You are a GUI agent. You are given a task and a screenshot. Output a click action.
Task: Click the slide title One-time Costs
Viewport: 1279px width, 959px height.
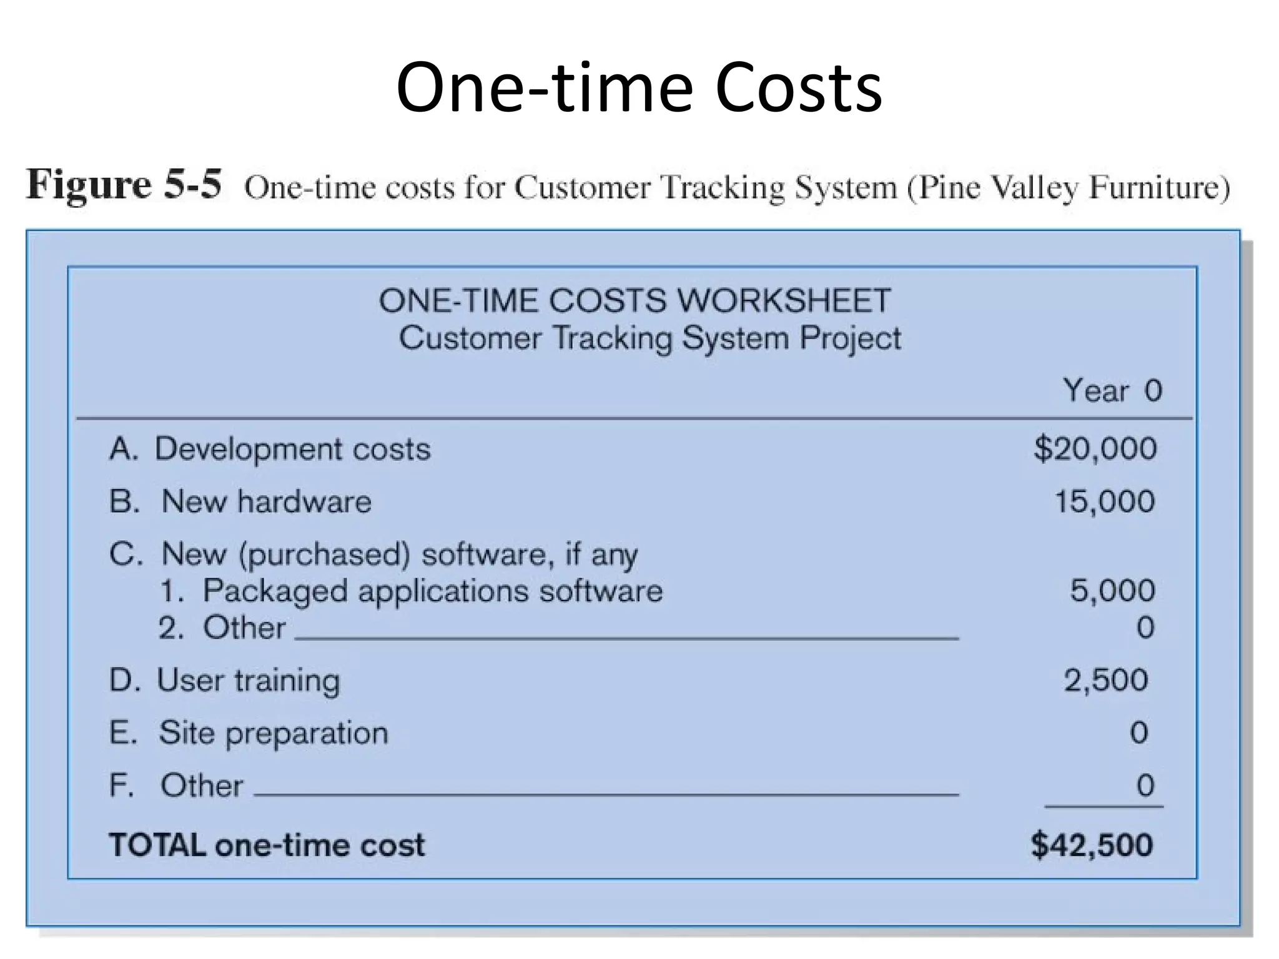[638, 87]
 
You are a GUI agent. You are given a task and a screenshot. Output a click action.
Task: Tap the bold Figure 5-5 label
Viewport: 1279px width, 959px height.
[124, 185]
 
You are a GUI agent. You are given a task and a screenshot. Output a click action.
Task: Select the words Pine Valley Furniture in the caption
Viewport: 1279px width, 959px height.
[1068, 187]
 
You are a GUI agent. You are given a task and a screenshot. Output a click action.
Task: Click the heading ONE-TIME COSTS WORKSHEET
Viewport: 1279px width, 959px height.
[635, 300]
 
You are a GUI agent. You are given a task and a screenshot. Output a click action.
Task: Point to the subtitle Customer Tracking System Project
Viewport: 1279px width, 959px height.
[649, 338]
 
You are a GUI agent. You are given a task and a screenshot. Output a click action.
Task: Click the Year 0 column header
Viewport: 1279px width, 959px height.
[1112, 391]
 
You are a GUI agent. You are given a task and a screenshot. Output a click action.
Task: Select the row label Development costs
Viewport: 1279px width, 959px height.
[292, 449]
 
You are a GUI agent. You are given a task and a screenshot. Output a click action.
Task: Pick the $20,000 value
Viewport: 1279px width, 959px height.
[1095, 449]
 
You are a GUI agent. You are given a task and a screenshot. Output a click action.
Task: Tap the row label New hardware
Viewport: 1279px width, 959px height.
[266, 501]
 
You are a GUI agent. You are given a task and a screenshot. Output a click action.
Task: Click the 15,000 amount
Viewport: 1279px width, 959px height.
[1104, 501]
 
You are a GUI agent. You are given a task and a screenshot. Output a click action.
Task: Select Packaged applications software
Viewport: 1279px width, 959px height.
[432, 591]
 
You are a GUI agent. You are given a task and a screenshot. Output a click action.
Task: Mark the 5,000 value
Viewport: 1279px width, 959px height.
[1112, 591]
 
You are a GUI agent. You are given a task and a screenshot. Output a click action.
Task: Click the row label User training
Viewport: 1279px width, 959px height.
[248, 681]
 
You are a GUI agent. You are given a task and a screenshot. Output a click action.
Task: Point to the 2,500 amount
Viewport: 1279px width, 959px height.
[1105, 680]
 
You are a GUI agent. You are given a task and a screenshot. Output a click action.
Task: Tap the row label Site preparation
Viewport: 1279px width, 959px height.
[273, 733]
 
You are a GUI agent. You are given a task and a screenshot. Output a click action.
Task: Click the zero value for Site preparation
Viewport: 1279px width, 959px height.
[1138, 733]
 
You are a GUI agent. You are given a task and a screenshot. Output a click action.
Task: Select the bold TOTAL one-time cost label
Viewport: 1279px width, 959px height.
[267, 845]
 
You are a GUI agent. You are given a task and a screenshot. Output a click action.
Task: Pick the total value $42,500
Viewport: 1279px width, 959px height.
[1092, 845]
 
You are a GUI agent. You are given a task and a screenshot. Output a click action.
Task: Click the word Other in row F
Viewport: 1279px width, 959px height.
[201, 785]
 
